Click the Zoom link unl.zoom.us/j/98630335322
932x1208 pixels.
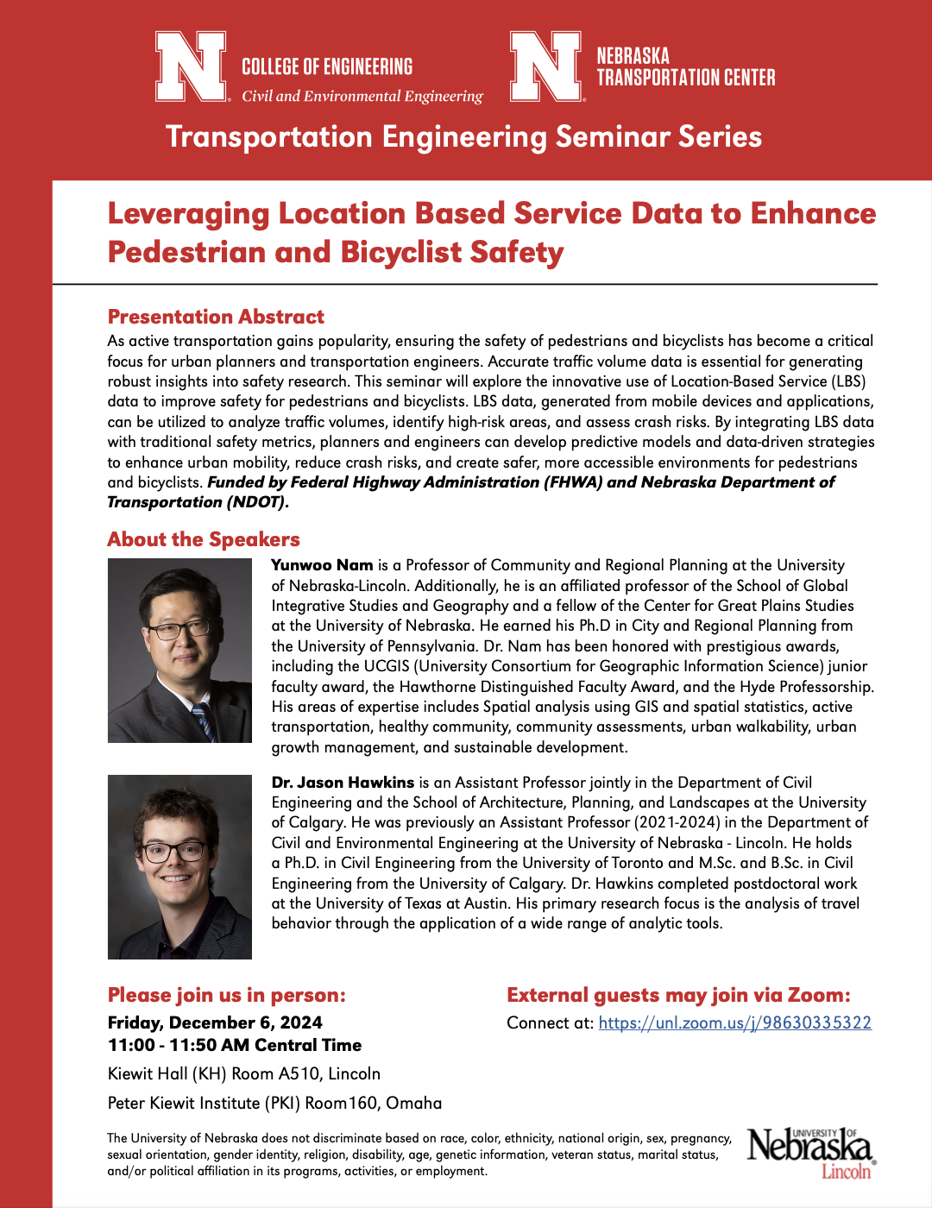click(x=734, y=1022)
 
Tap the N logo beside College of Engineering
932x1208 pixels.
click(x=191, y=66)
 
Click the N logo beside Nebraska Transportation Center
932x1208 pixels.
click(x=545, y=66)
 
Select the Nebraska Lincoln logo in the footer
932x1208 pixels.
click(x=810, y=1152)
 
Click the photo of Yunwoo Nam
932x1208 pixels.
click(x=179, y=651)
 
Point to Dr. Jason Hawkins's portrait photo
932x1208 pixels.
click(x=179, y=866)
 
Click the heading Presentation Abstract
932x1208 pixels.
click(x=216, y=317)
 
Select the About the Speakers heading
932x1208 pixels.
click(x=204, y=539)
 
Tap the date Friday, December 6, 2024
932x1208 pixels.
click(x=215, y=1022)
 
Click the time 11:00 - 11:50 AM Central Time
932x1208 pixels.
click(x=235, y=1045)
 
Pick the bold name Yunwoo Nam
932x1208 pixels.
click(x=322, y=565)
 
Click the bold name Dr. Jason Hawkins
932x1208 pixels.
click(x=343, y=783)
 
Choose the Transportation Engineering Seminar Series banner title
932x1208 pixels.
click(x=463, y=136)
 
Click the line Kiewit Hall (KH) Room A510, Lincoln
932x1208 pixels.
click(x=244, y=1073)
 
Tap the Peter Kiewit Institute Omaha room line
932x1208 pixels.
click(x=274, y=1103)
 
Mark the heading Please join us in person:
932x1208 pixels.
click(x=226, y=995)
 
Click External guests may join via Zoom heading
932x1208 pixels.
click(x=678, y=995)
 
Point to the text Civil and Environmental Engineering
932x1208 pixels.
click(x=362, y=96)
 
